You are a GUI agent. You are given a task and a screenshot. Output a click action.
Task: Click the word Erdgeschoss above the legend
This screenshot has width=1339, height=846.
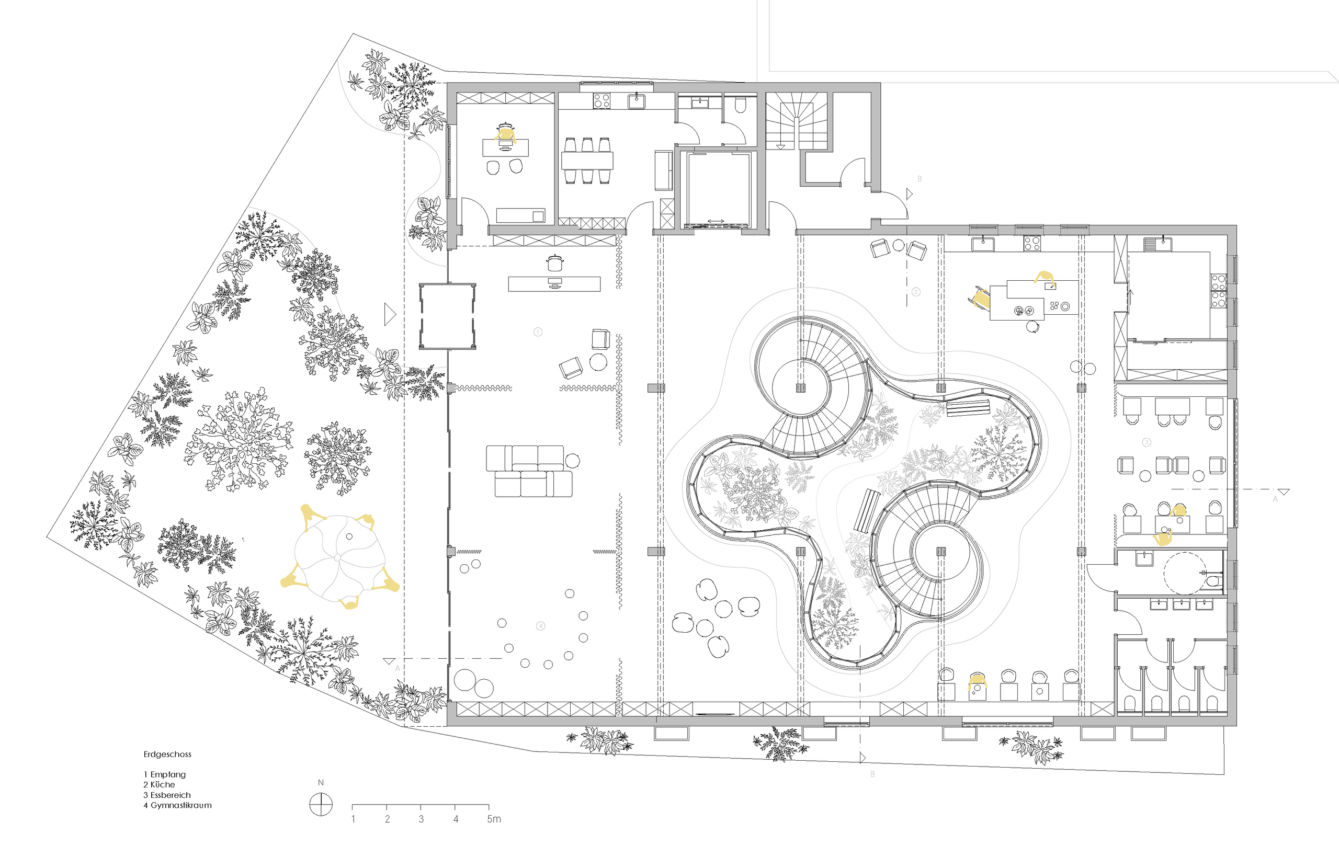pos(167,754)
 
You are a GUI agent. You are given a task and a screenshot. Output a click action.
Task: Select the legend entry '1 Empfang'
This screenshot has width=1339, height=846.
pos(165,774)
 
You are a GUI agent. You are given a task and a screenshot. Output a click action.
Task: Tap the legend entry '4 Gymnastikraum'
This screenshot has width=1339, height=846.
pos(177,805)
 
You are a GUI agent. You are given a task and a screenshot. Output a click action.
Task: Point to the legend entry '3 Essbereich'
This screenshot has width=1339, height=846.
pos(167,795)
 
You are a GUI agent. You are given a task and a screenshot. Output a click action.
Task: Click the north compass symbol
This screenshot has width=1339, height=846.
pos(321,804)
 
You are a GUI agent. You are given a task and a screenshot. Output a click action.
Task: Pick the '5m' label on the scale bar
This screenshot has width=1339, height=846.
pos(494,819)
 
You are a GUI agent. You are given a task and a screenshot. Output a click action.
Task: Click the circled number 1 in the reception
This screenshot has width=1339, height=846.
pos(538,332)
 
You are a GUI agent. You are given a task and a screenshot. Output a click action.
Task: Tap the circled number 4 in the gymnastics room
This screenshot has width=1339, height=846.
pos(540,626)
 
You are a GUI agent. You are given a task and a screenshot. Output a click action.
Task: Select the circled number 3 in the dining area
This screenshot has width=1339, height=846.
pos(1147,442)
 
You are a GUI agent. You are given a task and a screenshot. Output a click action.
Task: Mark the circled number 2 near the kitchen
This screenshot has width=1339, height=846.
pos(916,291)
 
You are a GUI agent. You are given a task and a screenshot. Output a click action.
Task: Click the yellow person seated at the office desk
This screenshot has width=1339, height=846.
pos(505,135)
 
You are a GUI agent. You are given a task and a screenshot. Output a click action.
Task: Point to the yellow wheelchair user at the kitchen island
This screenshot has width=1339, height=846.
pos(980,299)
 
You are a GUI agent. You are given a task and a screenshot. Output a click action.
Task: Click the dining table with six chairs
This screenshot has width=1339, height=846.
pos(587,161)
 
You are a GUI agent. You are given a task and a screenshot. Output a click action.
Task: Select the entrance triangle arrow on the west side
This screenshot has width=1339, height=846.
pos(390,315)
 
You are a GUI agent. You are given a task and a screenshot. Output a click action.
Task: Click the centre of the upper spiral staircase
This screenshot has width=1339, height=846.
pos(801,387)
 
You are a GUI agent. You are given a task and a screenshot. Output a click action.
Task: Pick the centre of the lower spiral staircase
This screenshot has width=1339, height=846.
pos(941,552)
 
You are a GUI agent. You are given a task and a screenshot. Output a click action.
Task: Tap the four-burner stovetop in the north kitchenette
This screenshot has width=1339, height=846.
pos(601,100)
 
